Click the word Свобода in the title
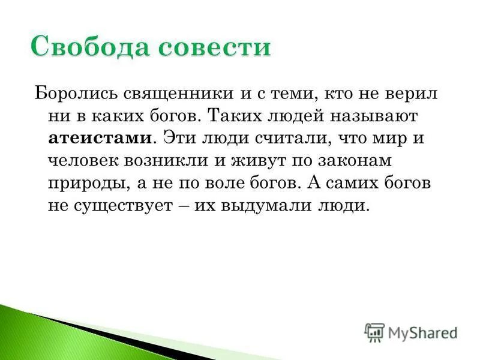tap(86, 47)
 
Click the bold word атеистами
tap(100, 137)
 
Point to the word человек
tap(85, 160)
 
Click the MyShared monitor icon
tap(374, 332)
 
